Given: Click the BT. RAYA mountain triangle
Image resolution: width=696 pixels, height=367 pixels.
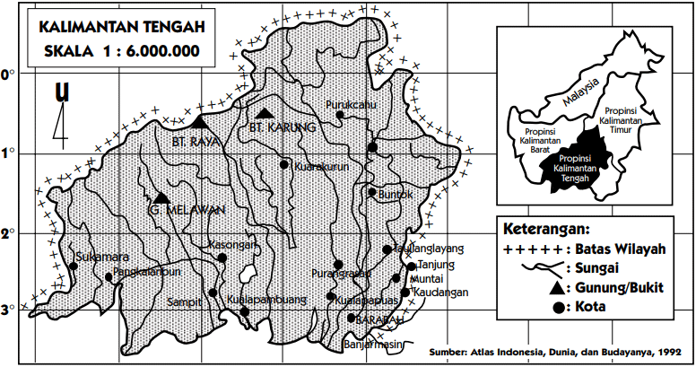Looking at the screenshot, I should (199, 121).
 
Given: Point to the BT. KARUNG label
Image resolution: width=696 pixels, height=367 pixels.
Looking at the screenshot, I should (282, 128).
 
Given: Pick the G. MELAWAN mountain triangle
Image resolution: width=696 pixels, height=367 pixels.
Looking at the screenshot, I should (161, 197).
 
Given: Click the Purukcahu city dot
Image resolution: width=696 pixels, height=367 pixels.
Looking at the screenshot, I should (339, 115).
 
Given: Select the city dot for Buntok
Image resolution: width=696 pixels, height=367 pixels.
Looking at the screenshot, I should (372, 192).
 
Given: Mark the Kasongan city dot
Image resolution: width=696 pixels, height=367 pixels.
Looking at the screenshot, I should (222, 258).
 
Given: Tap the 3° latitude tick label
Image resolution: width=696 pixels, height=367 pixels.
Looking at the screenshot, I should (9, 310).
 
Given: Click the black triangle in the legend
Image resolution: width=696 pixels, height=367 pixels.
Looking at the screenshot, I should (558, 287).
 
